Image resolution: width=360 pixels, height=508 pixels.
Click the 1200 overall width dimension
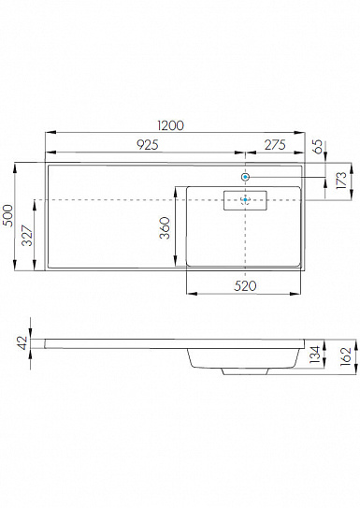pos(170,125)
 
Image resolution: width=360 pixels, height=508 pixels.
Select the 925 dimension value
pos(148,145)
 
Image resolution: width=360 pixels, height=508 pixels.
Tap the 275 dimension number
pos(275,145)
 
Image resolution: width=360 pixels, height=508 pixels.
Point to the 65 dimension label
pos(319,147)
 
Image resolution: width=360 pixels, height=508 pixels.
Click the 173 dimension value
pos(341,181)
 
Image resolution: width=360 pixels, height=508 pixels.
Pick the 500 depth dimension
pos(7,215)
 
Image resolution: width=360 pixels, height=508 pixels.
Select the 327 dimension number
pos(27,236)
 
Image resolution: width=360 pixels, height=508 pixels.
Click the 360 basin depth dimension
pos(165,228)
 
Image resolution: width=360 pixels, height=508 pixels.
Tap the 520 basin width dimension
pos(245,285)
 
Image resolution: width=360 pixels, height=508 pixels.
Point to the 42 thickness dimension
pos(22,342)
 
